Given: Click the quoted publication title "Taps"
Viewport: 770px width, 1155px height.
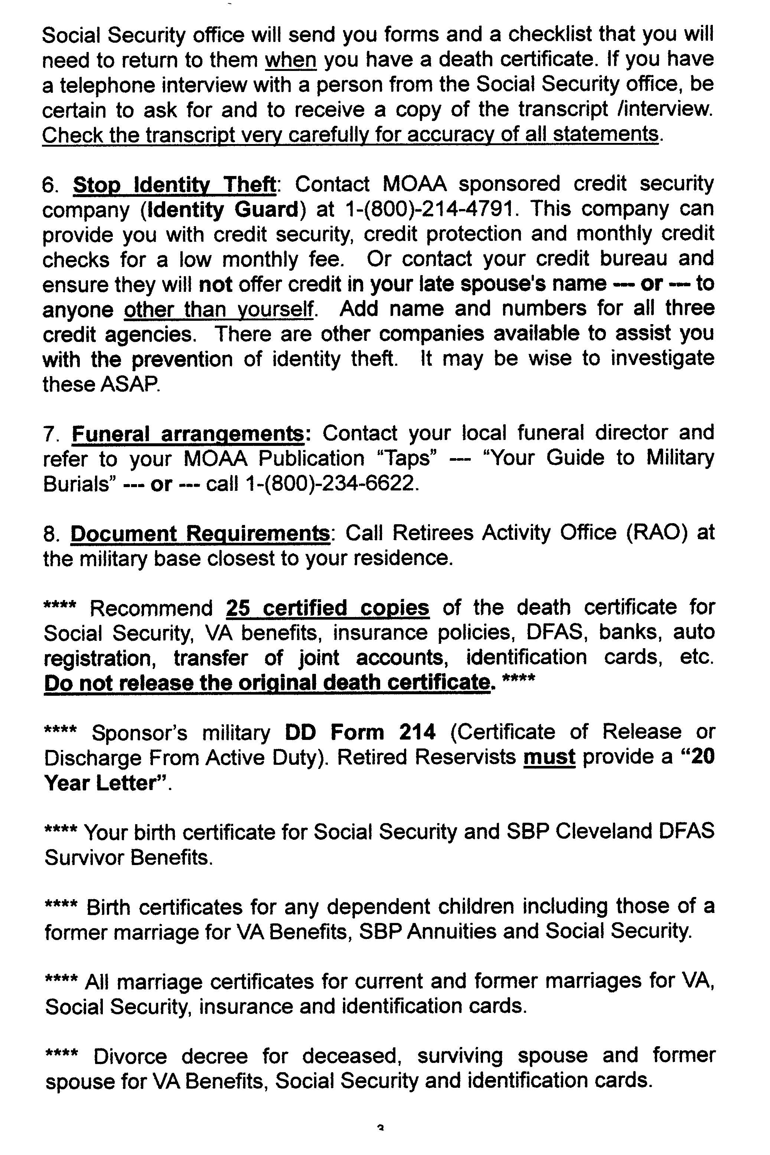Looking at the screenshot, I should click(x=408, y=459).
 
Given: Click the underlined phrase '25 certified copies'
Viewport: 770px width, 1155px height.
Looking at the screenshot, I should click(x=327, y=608).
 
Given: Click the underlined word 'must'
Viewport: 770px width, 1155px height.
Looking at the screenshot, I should click(x=549, y=758).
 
